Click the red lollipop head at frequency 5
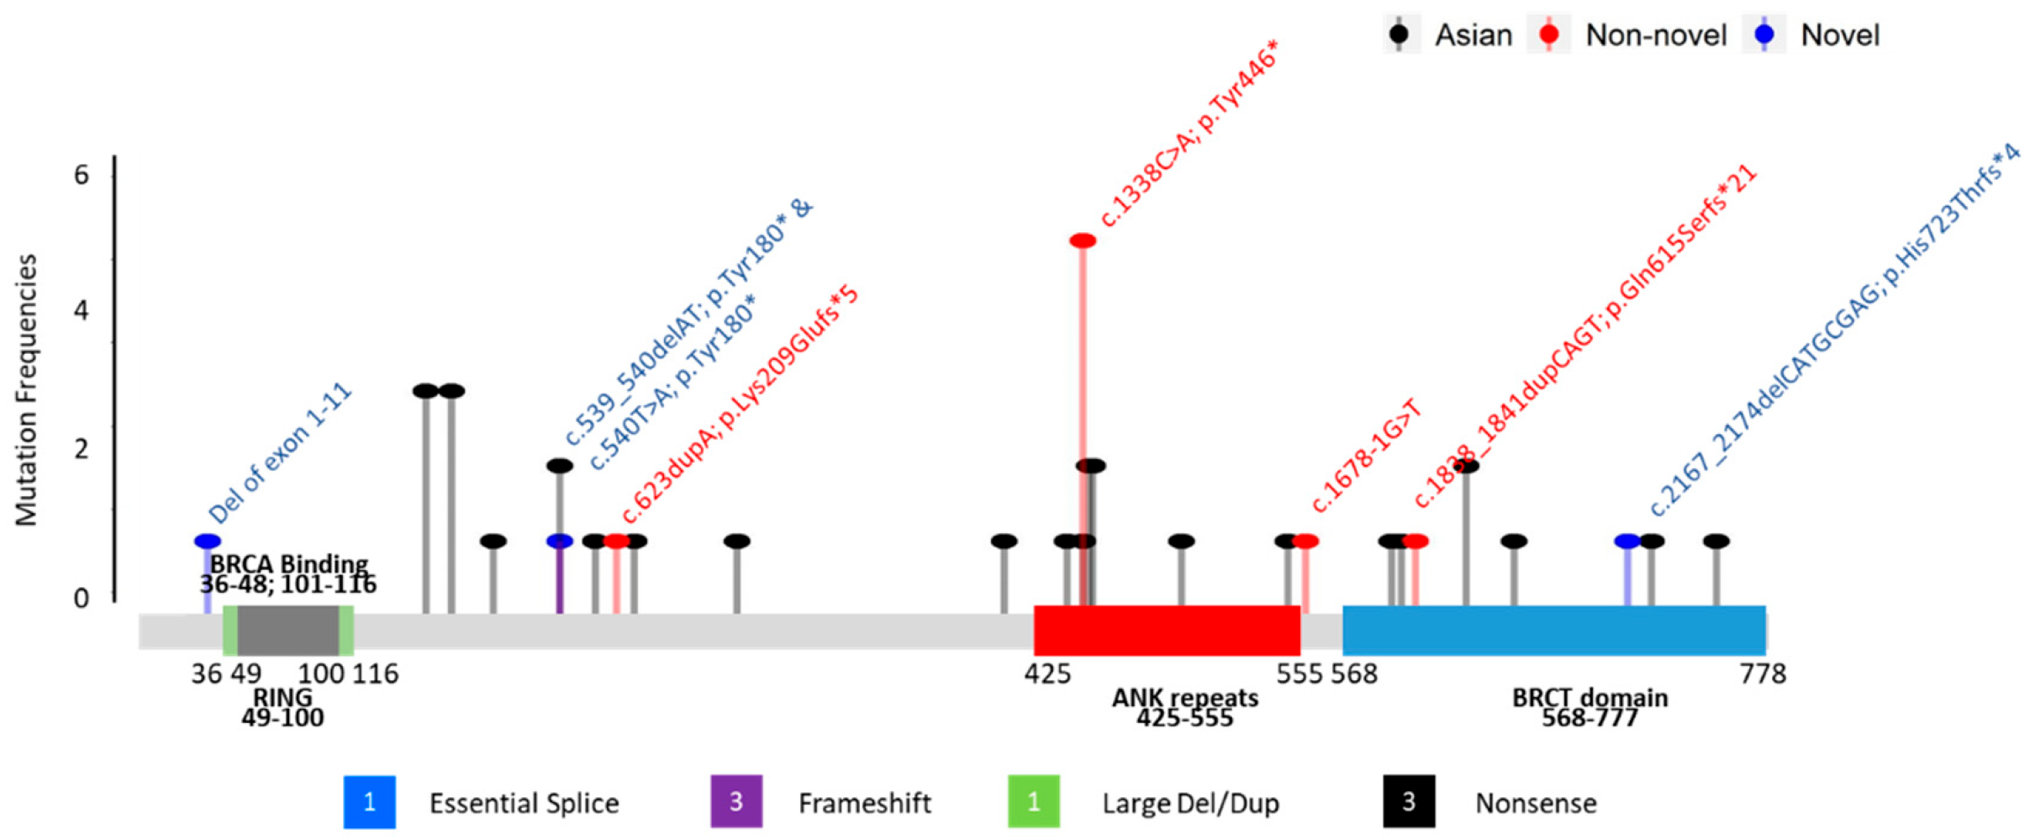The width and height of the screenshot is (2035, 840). point(1083,240)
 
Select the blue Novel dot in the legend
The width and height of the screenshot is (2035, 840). point(1764,34)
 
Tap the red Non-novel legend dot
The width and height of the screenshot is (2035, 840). point(1549,34)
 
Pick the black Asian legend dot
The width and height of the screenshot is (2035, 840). point(1399,34)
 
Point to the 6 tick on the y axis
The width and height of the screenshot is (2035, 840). point(82,175)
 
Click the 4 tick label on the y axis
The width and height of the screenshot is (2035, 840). point(82,311)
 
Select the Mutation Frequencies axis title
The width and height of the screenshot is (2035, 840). point(27,390)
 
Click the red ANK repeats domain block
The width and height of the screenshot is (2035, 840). point(1167,630)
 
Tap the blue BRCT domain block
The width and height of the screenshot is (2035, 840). point(1553,630)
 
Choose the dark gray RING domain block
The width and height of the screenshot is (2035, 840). point(287,630)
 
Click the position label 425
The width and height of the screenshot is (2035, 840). point(1047,674)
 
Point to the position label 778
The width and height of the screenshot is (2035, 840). point(1763,674)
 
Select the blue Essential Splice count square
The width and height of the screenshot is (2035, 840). point(369,801)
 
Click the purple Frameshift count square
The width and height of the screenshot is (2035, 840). point(736,801)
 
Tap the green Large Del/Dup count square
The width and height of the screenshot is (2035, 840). point(1034,801)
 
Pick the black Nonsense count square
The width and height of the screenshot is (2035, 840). point(1409,801)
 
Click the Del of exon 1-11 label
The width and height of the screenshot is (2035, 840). point(280,454)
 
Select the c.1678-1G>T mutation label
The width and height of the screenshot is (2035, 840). point(1366,457)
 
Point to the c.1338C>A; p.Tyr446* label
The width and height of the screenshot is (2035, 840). point(1189,135)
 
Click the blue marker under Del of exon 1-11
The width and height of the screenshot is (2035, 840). point(207,541)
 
